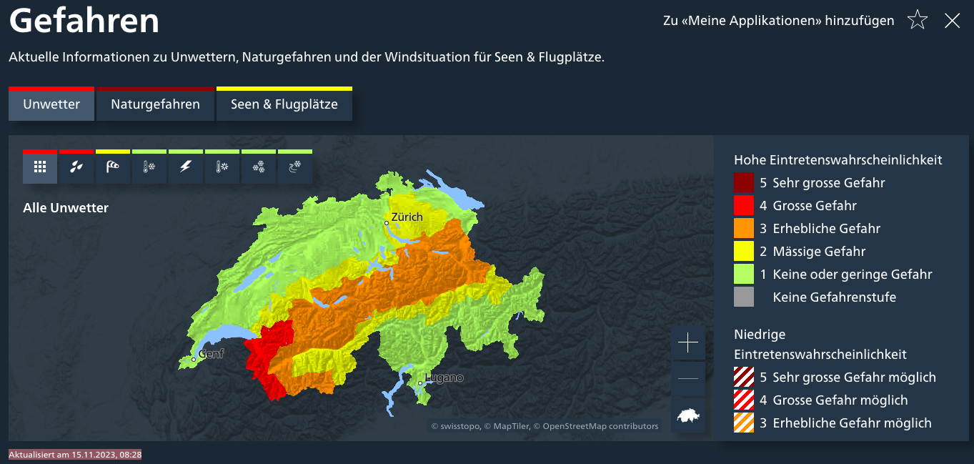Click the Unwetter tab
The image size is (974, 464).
51,104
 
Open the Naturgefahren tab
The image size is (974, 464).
155,104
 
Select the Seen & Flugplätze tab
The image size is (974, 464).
284,104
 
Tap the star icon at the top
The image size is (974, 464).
917,21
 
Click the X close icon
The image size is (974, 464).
952,21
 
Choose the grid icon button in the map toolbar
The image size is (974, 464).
40,167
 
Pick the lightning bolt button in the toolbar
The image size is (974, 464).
186,167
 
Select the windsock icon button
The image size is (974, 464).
113,167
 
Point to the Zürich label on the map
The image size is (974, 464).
407,217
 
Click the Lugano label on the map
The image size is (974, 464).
444,377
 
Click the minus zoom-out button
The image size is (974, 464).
687,379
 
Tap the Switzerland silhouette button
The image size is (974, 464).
687,415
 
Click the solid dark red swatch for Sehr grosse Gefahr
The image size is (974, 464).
744,182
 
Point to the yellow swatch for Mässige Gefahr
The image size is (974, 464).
744,251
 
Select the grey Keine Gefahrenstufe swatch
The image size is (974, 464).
744,297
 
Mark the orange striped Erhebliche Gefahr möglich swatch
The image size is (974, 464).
744,423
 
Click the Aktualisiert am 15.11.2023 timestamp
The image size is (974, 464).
75,454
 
